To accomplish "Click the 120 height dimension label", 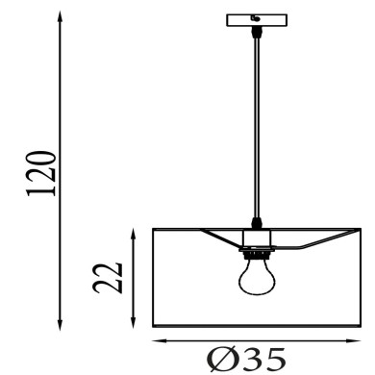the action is [41, 173].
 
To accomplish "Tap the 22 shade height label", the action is [108, 278].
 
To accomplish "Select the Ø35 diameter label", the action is [246, 359].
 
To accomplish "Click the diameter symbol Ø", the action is [221, 359].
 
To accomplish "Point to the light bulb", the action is [257, 277].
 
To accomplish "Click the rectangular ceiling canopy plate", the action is [257, 20].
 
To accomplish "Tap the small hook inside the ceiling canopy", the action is [256, 18].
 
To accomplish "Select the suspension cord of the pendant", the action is [257, 128].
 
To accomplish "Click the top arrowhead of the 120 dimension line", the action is [60, 16].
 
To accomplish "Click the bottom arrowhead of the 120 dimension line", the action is [60, 324].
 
